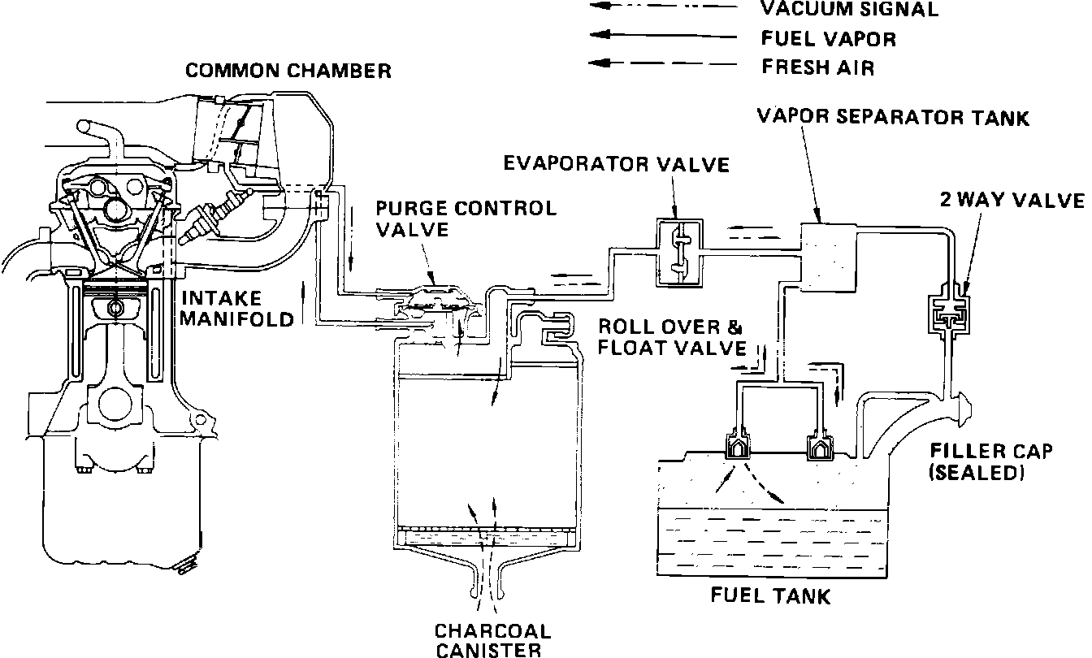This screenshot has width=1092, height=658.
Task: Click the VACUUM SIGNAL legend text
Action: (849, 10)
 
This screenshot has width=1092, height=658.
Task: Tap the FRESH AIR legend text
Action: (818, 67)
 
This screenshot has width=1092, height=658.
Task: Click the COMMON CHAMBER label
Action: (288, 71)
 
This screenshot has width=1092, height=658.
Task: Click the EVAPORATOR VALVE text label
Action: (617, 165)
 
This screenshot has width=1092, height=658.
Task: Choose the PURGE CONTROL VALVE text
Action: (466, 219)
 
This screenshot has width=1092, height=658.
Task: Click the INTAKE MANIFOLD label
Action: (236, 308)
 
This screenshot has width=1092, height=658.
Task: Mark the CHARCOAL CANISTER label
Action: (492, 640)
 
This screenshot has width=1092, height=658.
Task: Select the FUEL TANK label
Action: (770, 597)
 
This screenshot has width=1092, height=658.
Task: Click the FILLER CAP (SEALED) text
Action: (980, 461)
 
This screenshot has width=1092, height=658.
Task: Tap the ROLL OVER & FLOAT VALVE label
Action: (671, 338)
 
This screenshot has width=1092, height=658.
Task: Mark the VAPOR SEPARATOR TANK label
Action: (892, 118)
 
